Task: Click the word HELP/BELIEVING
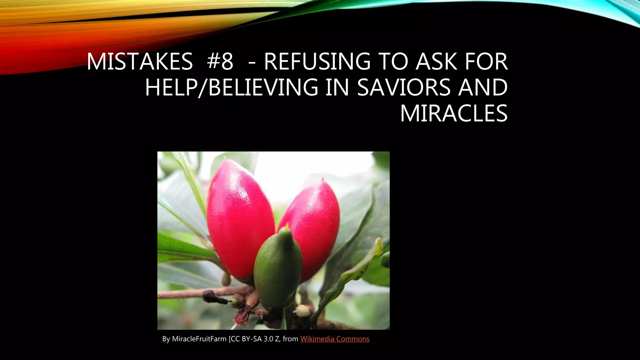232,87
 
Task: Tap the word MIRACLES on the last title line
454,113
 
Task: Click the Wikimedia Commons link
335,339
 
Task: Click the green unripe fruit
277,269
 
